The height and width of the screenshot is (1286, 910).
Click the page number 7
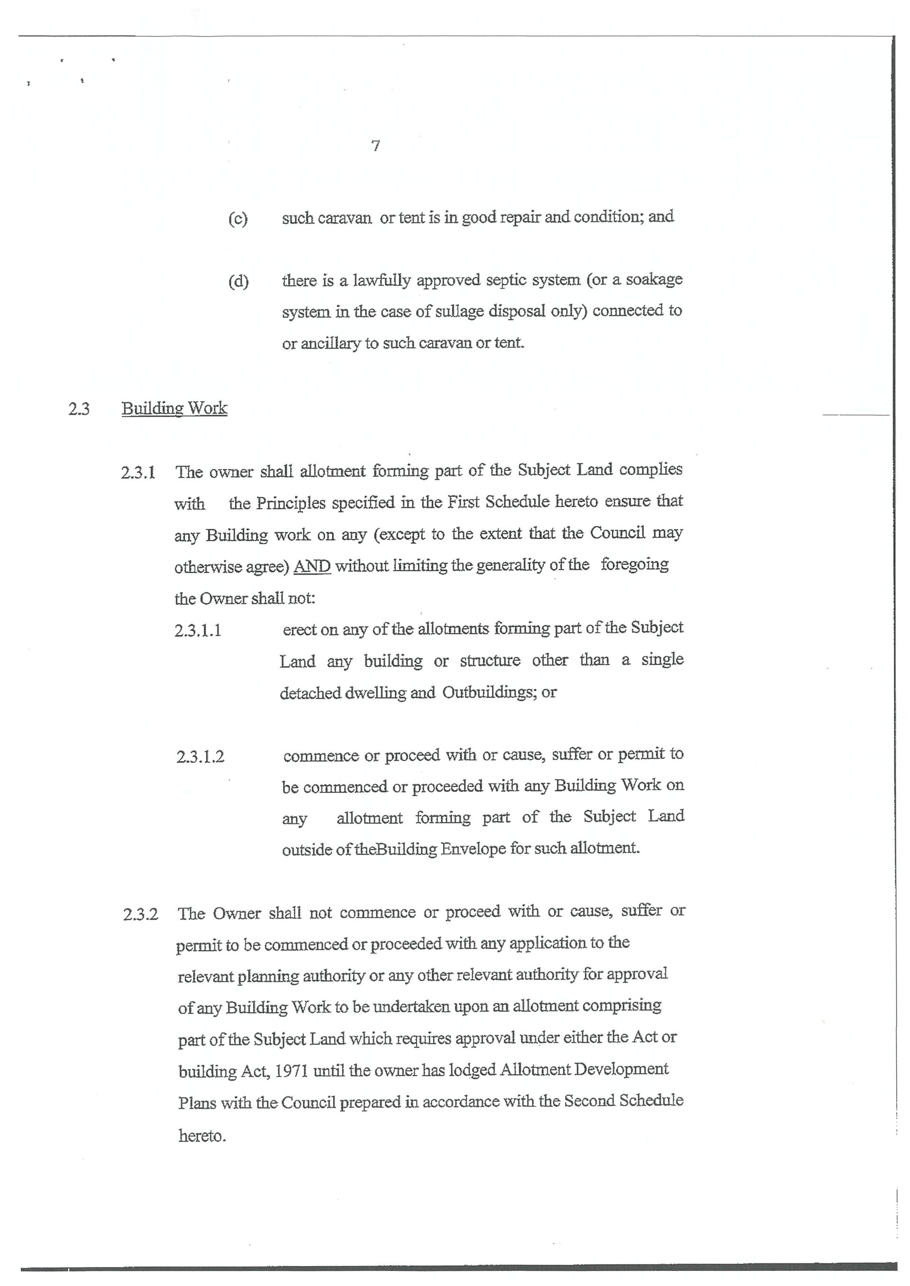point(375,146)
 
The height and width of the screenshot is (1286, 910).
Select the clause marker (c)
point(237,218)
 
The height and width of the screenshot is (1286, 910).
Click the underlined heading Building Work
point(174,408)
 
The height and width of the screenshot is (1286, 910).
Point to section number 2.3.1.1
point(198,631)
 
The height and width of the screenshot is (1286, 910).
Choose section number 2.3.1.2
point(200,757)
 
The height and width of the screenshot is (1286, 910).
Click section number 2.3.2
point(141,915)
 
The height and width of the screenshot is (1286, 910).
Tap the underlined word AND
point(312,566)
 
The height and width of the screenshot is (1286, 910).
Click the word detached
point(310,693)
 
